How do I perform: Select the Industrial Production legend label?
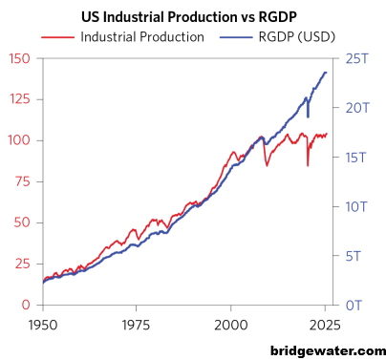click(142, 37)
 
